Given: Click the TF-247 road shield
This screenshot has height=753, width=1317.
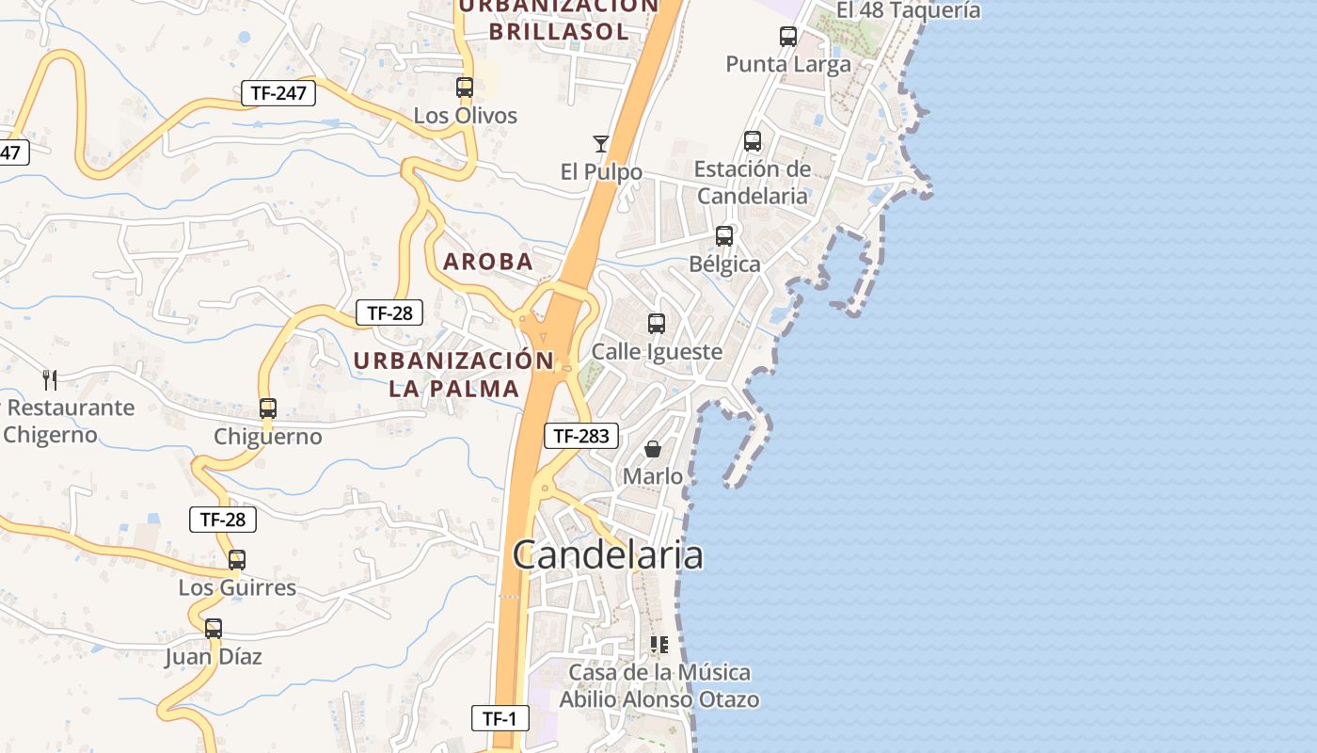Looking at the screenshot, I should coord(278,93).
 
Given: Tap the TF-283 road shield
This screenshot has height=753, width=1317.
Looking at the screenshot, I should coord(582,436).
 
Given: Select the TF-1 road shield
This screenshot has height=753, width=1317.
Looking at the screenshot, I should coord(500,719).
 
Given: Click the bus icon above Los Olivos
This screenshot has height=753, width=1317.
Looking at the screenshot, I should coord(465,88).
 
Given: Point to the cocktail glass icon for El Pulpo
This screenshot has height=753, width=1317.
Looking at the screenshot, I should coord(601,143).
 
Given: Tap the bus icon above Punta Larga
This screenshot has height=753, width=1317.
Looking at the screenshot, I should coord(788,37).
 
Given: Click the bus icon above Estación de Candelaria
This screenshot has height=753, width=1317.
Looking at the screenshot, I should coord(753,141).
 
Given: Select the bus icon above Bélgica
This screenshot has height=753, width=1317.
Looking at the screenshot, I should coord(724,236).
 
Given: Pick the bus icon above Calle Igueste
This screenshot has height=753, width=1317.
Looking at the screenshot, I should coord(657,324).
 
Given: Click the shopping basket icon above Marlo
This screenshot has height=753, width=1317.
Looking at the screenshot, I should coord(653,449).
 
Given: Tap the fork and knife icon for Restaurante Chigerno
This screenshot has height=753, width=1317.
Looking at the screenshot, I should coord(50,380).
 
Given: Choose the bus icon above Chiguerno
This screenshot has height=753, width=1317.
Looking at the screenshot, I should coord(268,409).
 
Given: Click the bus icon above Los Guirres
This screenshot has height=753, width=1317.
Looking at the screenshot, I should coord(237,560).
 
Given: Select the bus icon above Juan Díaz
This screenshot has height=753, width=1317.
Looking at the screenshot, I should coord(214,629).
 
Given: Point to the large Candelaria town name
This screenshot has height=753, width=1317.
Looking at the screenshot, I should coord(608,554).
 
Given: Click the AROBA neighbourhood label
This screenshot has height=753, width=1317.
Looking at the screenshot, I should coord(488,262).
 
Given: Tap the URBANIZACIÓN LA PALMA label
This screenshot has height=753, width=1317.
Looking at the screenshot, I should coord(454,374).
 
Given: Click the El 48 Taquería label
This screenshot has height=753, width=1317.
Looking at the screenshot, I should coord(908,10).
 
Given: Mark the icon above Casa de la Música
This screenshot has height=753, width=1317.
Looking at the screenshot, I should coord(659,645).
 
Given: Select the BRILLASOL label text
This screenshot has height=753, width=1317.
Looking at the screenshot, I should coord(558,31).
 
